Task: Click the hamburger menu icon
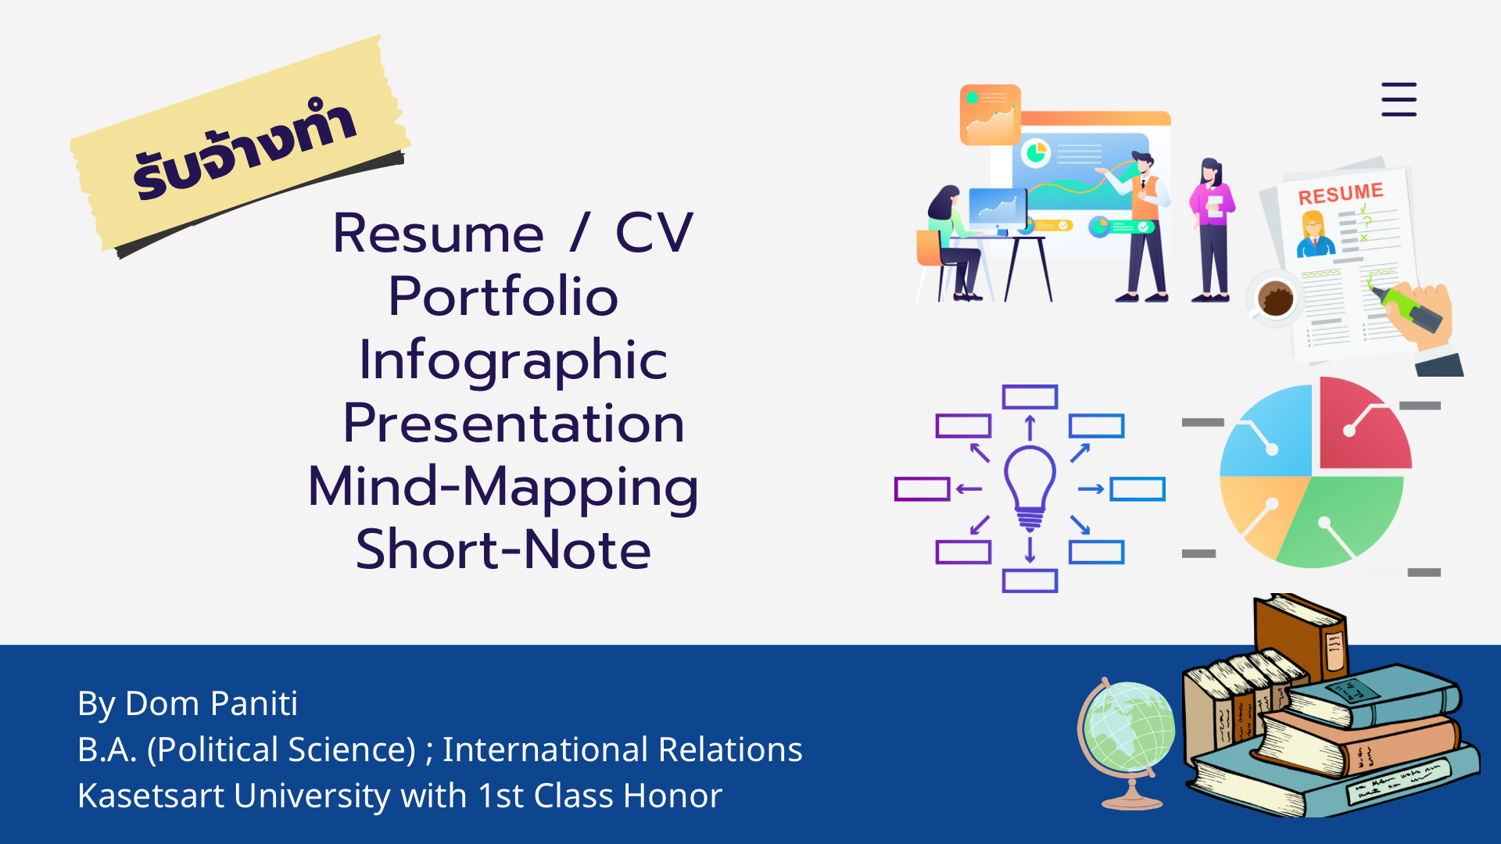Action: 1399,99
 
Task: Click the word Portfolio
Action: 503,296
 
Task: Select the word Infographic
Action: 513,360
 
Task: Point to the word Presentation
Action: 514,423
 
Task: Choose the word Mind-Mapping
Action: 503,487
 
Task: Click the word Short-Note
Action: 503,549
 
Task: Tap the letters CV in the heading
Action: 654,233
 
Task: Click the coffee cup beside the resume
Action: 1274,299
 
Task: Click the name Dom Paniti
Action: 211,703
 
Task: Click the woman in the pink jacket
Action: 1211,230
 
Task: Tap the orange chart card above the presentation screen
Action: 991,115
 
